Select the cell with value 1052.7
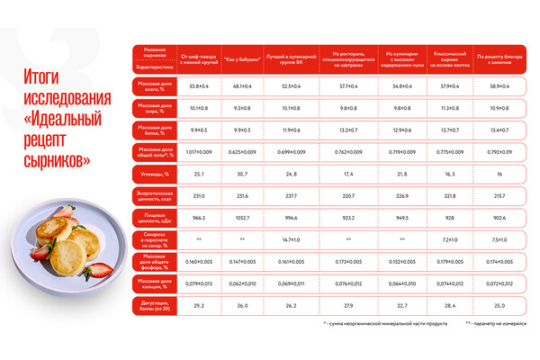[244, 217]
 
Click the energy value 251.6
[244, 195]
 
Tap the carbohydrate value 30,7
[244, 173]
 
